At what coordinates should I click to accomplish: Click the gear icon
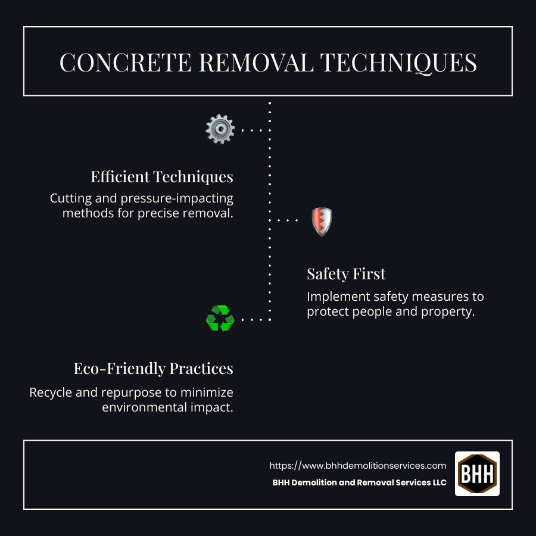(220, 129)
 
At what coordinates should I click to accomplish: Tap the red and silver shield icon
(322, 222)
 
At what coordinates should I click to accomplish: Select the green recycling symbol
(220, 319)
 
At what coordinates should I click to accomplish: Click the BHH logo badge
(477, 473)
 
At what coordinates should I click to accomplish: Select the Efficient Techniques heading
(162, 177)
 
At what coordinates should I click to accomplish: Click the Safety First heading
(346, 274)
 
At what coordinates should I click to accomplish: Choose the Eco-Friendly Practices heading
(153, 369)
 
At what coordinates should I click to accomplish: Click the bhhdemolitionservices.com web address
(357, 466)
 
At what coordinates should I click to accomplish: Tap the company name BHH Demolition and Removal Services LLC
(359, 483)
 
